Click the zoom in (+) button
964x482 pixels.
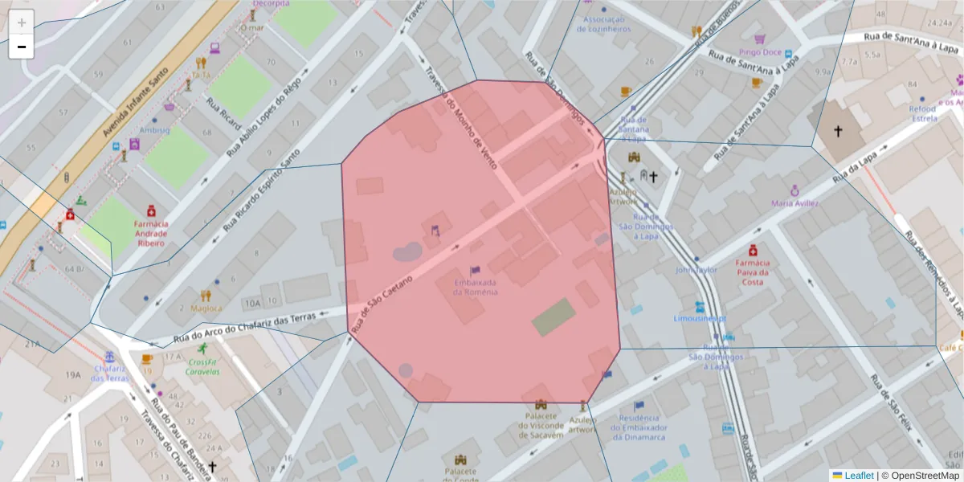(22, 22)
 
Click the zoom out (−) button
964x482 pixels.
(22, 47)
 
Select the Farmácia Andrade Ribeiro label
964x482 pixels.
(151, 233)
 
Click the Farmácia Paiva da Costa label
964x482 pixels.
(753, 272)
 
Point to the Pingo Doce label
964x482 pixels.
(761, 52)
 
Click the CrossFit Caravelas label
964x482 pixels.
(202, 366)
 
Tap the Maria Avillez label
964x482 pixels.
(794, 203)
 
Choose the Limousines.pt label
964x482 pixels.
(701, 317)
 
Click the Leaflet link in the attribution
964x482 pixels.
(857, 476)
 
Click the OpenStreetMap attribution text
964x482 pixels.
(925, 476)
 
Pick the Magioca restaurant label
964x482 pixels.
(206, 308)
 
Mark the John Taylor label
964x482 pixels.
(696, 271)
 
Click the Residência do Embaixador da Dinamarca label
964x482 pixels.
(643, 427)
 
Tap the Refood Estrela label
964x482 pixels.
(922, 113)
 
